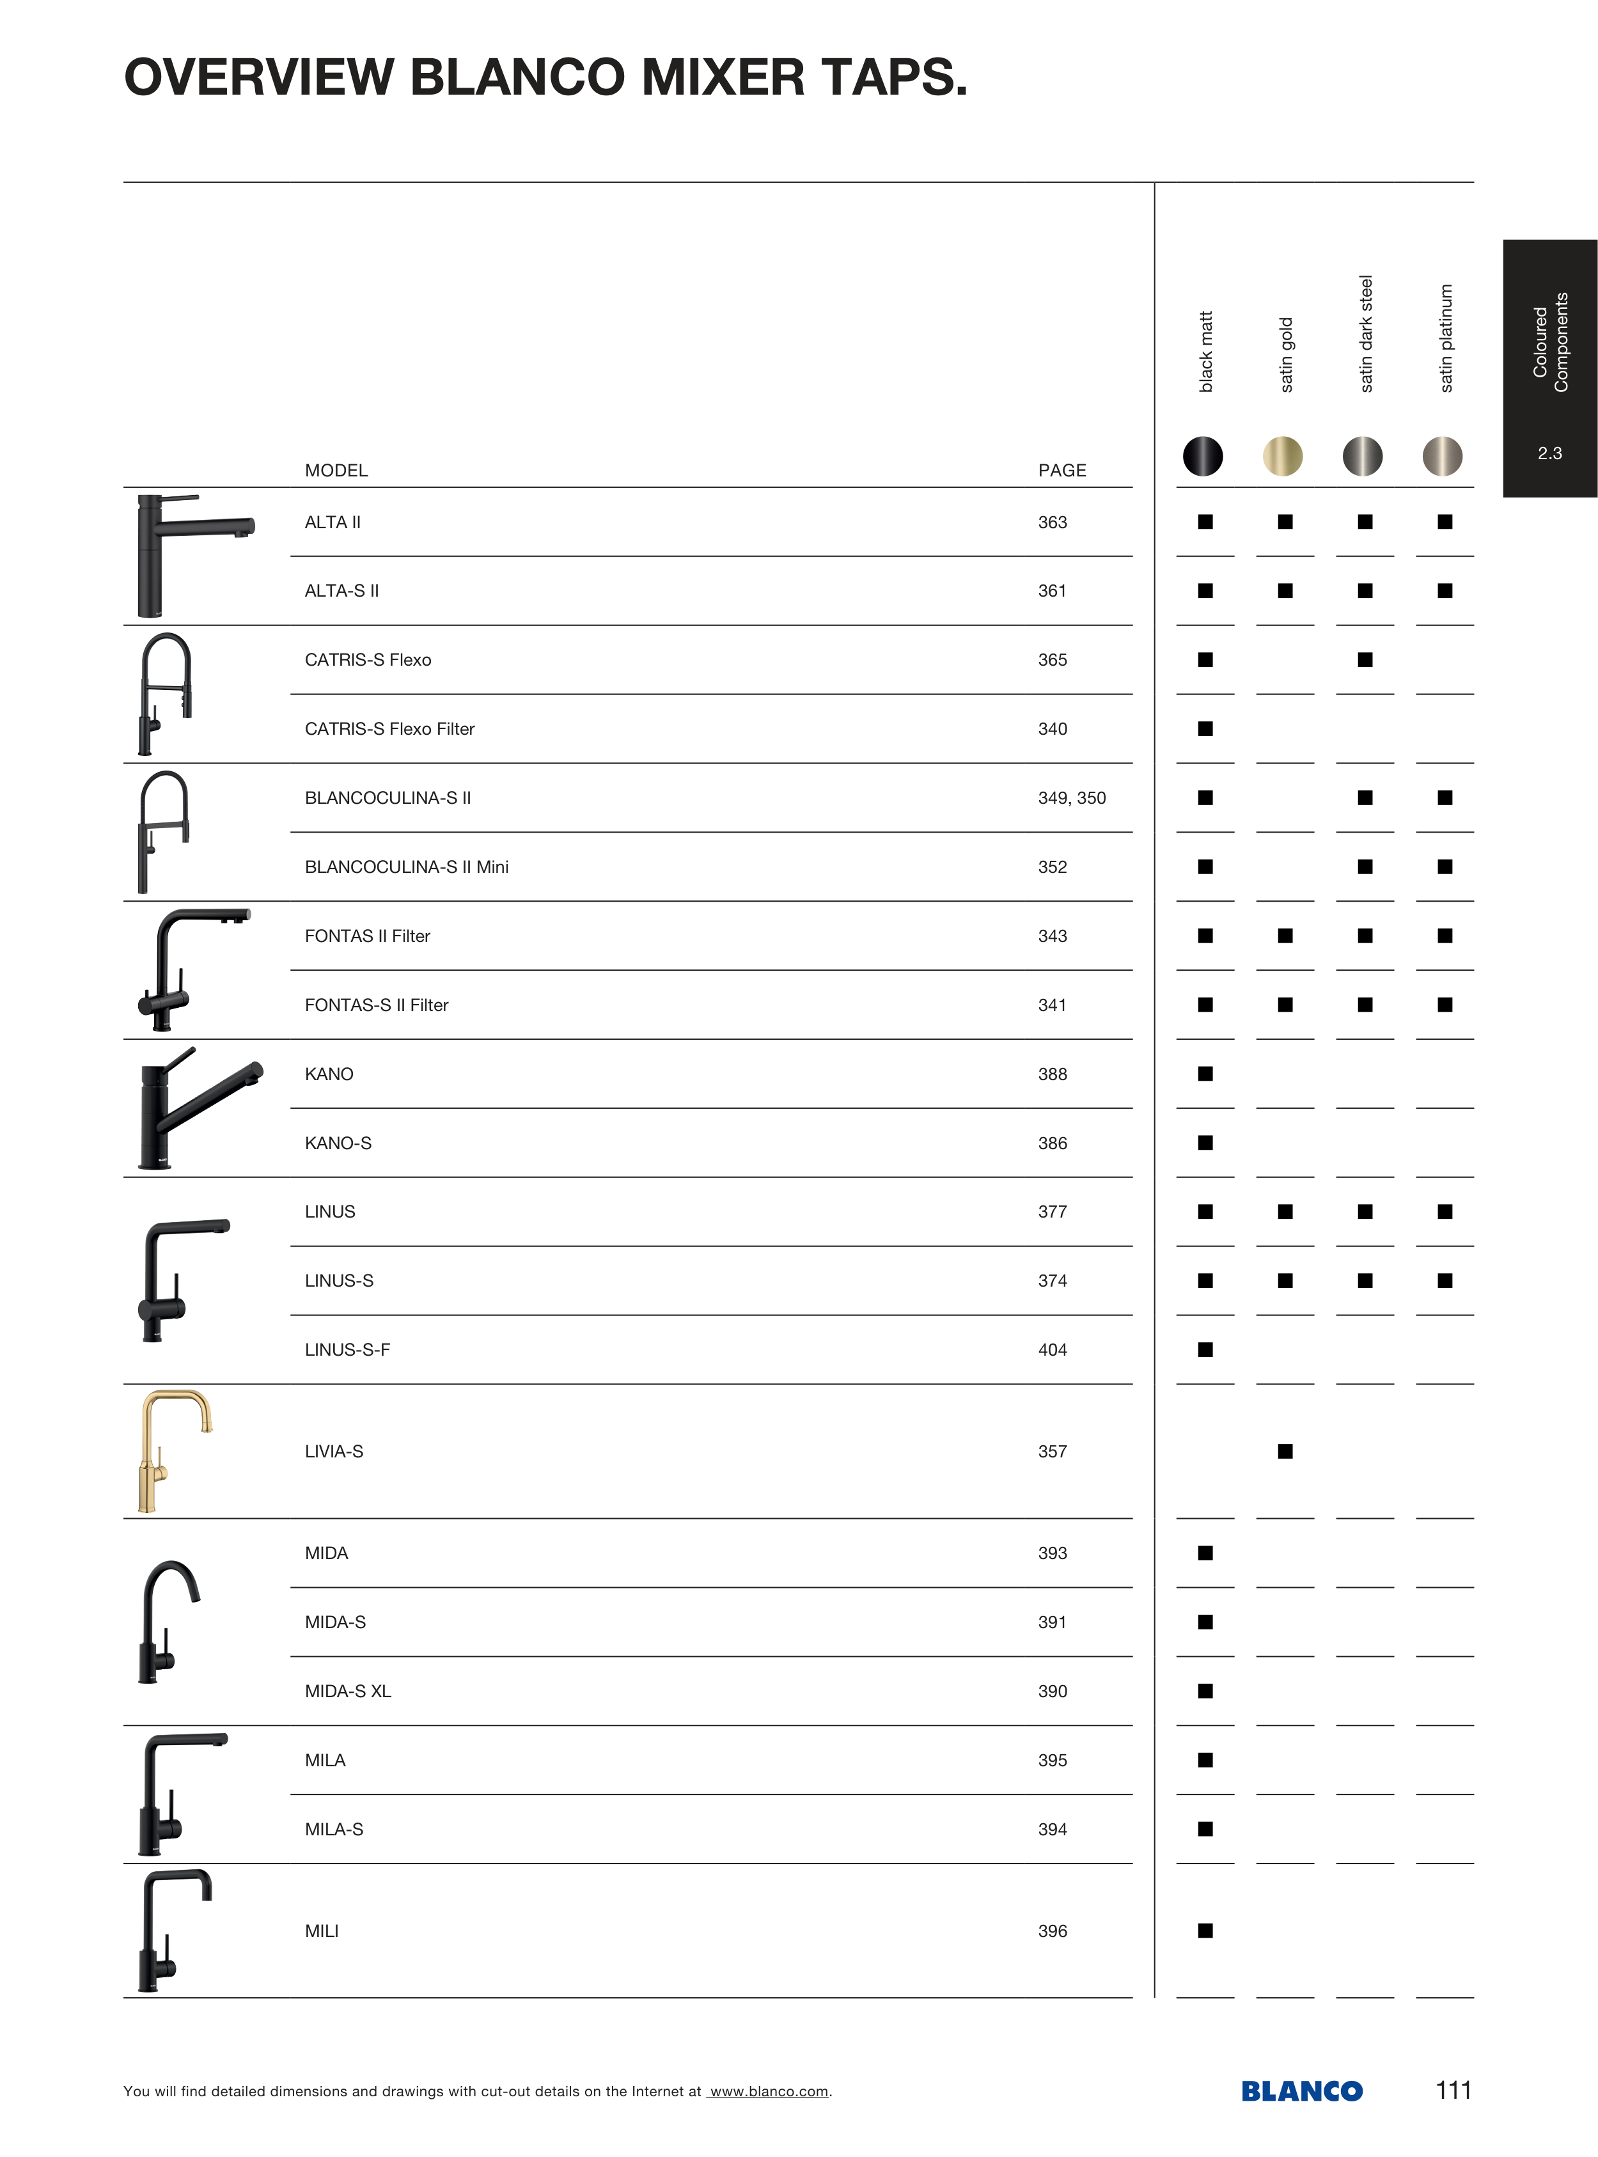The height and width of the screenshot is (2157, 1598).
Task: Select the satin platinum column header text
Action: coord(1445,338)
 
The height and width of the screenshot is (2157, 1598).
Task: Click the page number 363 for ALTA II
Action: coord(1053,522)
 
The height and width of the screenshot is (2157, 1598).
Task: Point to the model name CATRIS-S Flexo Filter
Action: coord(389,729)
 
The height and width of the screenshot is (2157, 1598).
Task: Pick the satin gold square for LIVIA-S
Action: coord(1285,1451)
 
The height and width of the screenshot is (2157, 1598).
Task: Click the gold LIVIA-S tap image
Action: coord(172,1451)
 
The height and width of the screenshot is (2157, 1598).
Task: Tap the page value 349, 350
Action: coord(1072,798)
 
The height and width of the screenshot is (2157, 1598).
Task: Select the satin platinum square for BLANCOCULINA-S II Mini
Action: coord(1444,867)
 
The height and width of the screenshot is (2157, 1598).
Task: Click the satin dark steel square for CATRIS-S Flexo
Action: coord(1365,660)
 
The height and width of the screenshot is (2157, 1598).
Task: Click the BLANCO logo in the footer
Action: coord(1301,2090)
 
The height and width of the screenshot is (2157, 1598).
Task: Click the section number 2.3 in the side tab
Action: coord(1549,453)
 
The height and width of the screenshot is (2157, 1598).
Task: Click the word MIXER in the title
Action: coord(721,77)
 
